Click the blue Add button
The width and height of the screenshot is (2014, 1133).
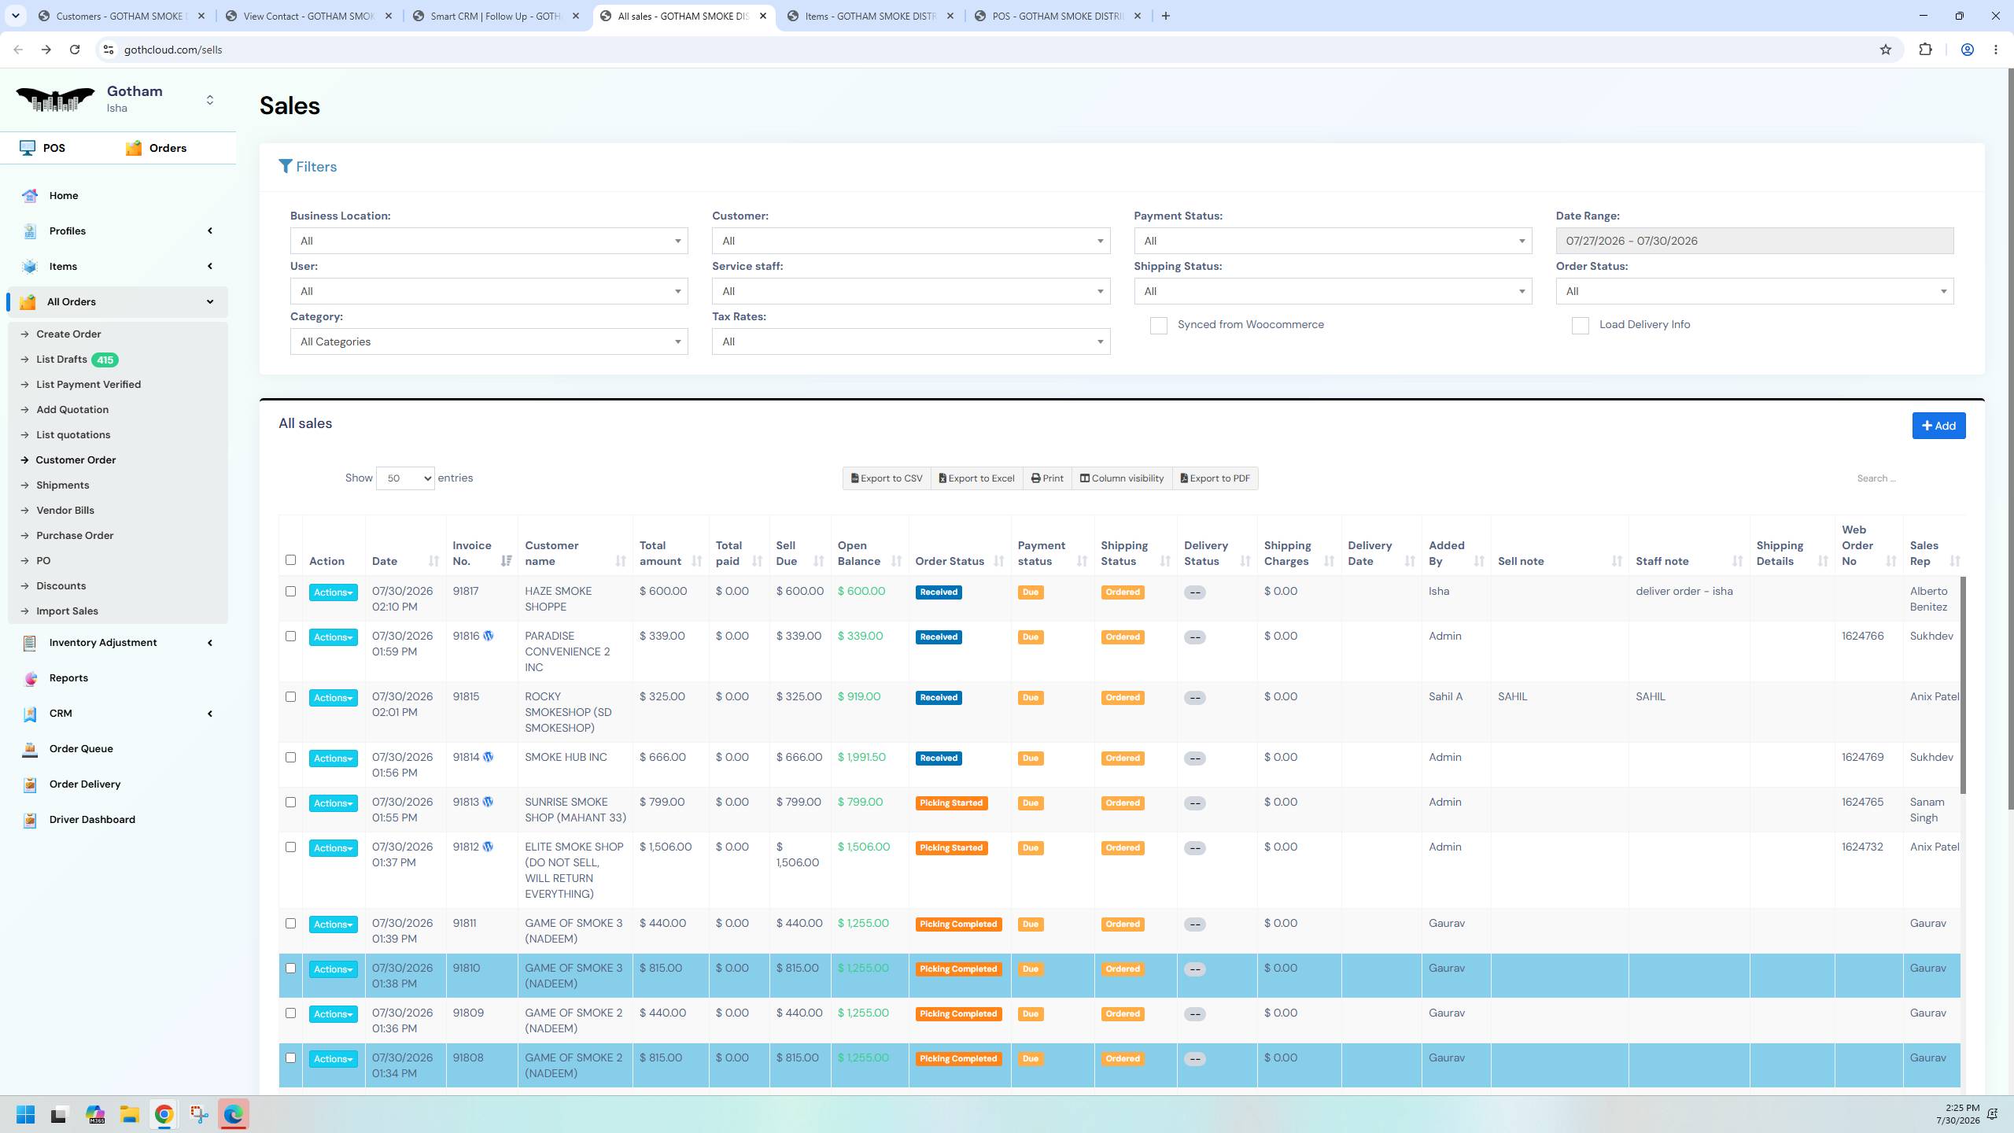coord(1938,426)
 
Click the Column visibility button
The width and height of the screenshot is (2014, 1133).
coord(1122,478)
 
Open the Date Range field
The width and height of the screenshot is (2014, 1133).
coord(1754,241)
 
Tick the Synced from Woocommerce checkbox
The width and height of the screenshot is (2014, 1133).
coord(1158,326)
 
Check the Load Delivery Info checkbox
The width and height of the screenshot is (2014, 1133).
coord(1580,326)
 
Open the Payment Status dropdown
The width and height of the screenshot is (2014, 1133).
coord(1333,241)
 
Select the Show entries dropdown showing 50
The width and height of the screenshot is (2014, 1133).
coord(405,478)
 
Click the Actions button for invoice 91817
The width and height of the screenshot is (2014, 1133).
coord(333,592)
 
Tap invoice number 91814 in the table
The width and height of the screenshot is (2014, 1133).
coord(466,757)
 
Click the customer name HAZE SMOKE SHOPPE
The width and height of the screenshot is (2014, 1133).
coord(558,599)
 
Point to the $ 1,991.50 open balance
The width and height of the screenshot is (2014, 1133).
coord(861,757)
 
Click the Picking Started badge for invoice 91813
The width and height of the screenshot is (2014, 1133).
coord(951,803)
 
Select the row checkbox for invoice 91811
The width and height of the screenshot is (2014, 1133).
coord(290,923)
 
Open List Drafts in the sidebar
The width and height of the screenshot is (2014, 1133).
coord(61,360)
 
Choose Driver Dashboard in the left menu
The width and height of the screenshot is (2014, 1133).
coord(92,819)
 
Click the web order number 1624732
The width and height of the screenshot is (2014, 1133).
coord(1862,847)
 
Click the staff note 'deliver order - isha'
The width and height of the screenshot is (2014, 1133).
coord(1684,591)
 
